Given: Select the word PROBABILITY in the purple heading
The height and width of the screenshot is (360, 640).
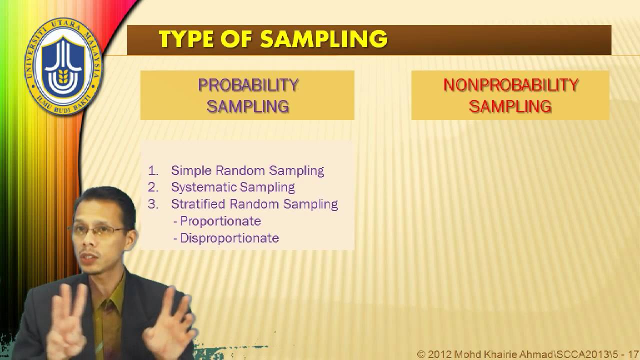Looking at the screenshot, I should (x=248, y=85).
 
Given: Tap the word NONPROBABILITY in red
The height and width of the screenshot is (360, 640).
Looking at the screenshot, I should (x=510, y=85).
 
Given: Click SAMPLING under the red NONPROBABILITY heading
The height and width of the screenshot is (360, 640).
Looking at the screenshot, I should (x=510, y=106).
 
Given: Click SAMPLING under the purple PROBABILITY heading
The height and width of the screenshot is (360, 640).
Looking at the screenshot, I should (x=248, y=106).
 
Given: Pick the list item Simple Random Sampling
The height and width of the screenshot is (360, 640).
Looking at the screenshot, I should (x=247, y=170).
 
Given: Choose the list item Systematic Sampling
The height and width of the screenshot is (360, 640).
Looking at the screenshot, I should (x=232, y=187).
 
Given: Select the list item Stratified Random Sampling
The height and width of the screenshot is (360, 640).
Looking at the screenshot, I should (x=254, y=204).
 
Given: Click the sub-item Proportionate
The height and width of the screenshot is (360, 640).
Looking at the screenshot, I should (x=220, y=221).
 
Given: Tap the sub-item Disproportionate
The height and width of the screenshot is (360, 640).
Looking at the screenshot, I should (x=229, y=238).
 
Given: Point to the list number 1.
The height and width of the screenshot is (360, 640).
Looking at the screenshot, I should (x=152, y=170).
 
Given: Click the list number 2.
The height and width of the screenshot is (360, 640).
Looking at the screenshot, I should (x=152, y=187).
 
